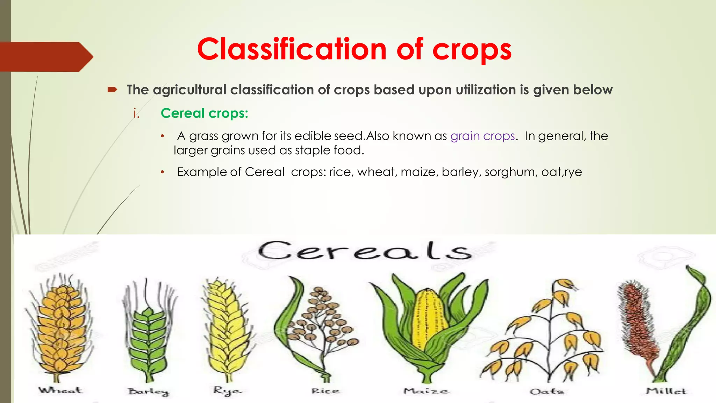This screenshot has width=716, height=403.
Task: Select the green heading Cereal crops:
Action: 204,113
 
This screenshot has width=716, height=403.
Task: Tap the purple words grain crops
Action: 482,136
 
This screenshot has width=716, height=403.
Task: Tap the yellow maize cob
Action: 428,322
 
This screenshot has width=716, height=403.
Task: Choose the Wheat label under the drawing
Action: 60,390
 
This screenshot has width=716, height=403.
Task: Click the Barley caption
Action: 148,392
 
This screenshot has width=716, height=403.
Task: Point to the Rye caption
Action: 227,391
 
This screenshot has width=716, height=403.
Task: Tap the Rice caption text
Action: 325,391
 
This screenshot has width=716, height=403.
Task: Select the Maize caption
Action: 426,391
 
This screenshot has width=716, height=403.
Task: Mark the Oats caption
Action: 547,391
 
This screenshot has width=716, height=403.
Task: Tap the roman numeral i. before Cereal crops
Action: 136,114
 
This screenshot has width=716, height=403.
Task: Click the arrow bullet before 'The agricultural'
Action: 112,90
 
